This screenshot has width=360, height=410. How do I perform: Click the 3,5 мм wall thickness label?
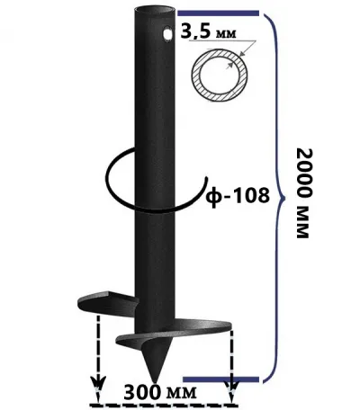coord(208,32)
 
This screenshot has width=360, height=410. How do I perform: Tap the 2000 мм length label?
coord(303,193)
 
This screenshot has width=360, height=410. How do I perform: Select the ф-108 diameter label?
coord(238,196)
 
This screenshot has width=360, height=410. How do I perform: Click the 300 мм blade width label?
coord(160,392)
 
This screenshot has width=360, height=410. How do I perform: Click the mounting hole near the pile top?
coord(167,33)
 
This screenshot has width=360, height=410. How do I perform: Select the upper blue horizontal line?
coord(218,13)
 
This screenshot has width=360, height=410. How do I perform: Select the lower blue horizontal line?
coord(220,379)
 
